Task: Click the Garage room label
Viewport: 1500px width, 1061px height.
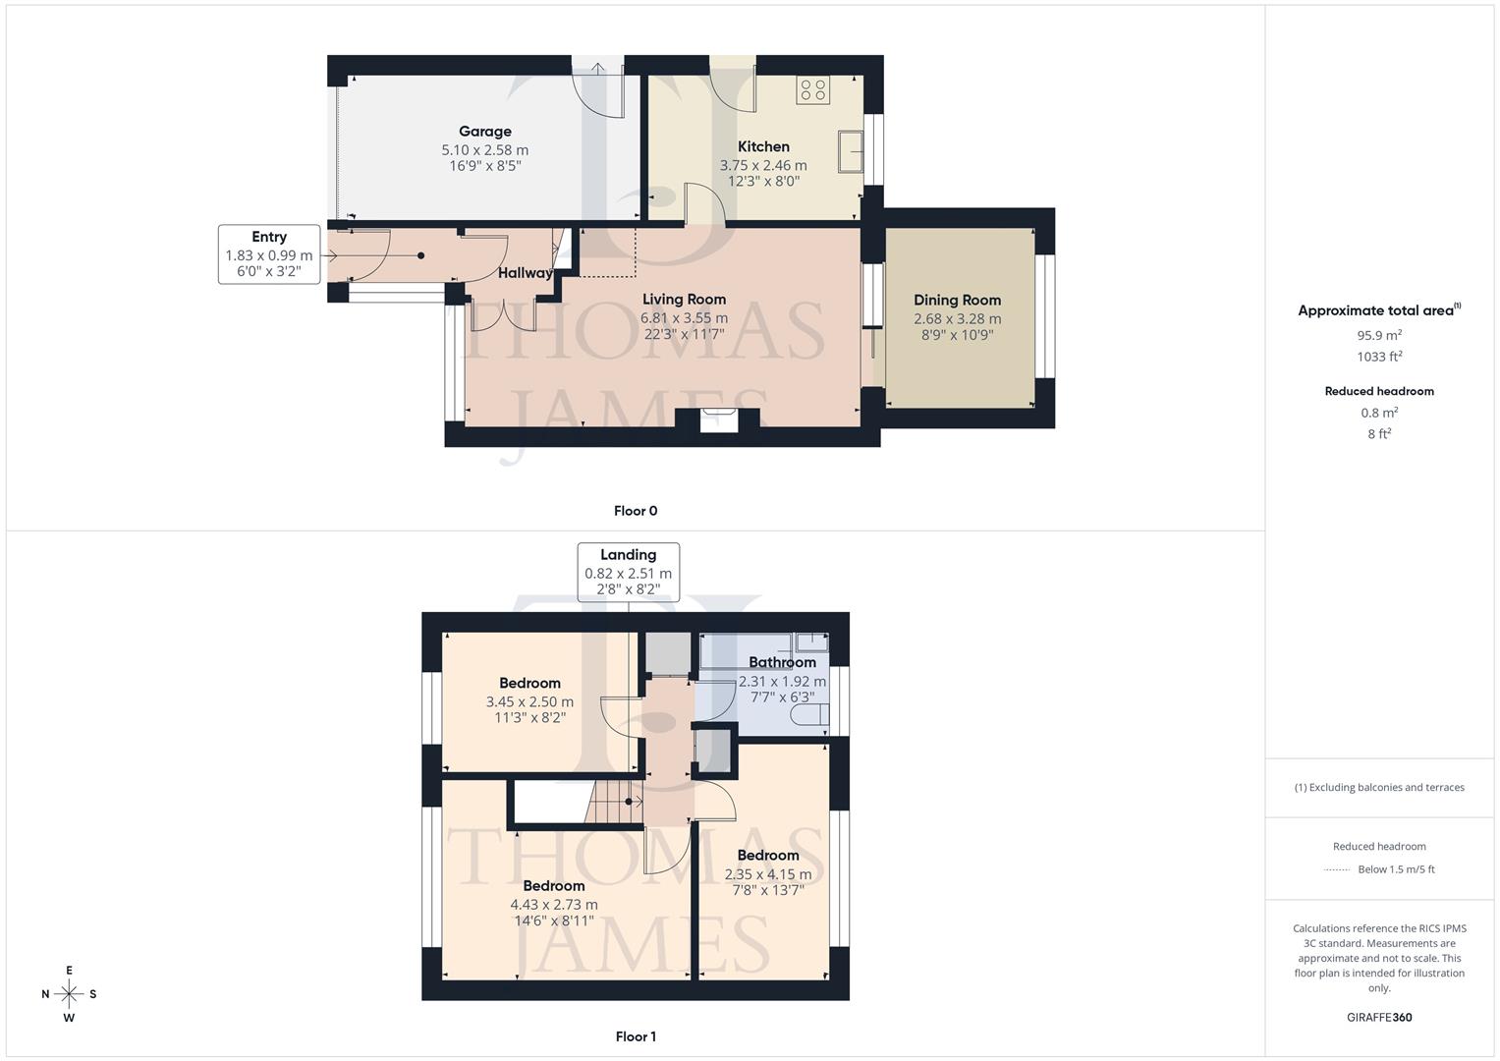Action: pos(484,132)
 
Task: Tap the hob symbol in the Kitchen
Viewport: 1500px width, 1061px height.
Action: pos(813,90)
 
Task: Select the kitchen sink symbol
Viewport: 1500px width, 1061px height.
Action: pos(851,153)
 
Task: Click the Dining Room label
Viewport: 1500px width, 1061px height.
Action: pos(957,301)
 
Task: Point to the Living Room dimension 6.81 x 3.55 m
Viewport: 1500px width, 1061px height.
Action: pos(684,318)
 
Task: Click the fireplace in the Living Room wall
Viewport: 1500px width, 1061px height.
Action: pos(718,420)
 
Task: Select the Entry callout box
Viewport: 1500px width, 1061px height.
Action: pos(269,254)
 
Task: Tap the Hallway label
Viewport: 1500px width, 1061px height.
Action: pos(525,273)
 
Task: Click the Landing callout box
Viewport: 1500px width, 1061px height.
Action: pos(628,572)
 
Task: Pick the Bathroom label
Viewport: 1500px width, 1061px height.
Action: pos(782,662)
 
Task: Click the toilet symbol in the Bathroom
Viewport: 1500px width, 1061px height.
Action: pos(811,714)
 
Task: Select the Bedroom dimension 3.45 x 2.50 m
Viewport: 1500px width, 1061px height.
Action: pos(529,702)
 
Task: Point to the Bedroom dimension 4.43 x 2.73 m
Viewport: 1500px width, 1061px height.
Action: pos(554,905)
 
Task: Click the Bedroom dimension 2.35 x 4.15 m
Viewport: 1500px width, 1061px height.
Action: pos(768,874)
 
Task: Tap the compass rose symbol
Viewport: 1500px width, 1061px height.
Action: pos(69,994)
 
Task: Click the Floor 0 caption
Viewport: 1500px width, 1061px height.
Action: pos(636,511)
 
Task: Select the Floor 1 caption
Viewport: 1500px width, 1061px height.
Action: pos(636,1036)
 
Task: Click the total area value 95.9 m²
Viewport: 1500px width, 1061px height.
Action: pos(1379,335)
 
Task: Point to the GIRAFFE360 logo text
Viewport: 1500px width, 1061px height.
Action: pos(1379,1017)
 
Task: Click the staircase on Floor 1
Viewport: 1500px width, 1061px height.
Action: pos(614,801)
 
